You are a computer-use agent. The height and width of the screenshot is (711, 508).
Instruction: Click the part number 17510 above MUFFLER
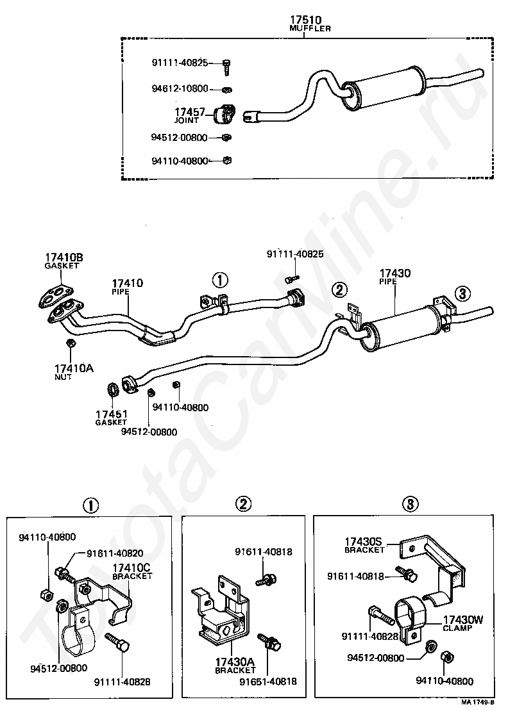pos(305,20)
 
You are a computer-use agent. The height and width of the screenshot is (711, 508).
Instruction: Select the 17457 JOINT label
pos(190,116)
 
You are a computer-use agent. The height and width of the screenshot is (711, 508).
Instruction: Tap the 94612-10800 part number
pos(180,88)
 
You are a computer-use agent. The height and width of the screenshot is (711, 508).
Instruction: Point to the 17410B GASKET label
pos(63,261)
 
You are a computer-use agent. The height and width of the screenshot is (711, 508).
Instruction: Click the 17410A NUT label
pos(74,372)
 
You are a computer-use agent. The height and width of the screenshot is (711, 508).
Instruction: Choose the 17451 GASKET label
pos(111,418)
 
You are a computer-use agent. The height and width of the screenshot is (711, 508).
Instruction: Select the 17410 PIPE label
pos(128,286)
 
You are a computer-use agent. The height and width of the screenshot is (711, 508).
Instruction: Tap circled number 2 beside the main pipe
pos(339,290)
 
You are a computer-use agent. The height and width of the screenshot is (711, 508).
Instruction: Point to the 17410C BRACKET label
pos(132,571)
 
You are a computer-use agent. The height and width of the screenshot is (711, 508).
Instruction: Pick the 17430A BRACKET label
pos(235,666)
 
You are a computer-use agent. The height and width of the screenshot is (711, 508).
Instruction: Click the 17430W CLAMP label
pos(463,623)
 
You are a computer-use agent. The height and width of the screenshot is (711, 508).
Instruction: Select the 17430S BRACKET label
pos(364,545)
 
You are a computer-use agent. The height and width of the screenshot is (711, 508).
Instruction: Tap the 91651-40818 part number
pos(268,682)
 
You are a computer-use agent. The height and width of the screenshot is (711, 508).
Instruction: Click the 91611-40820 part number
pos(115,553)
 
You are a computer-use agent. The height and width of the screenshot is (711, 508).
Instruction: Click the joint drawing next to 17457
pos(224,114)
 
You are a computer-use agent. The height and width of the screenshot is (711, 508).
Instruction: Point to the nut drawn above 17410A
pos(70,343)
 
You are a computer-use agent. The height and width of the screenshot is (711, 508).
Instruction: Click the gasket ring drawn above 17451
pos(113,389)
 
